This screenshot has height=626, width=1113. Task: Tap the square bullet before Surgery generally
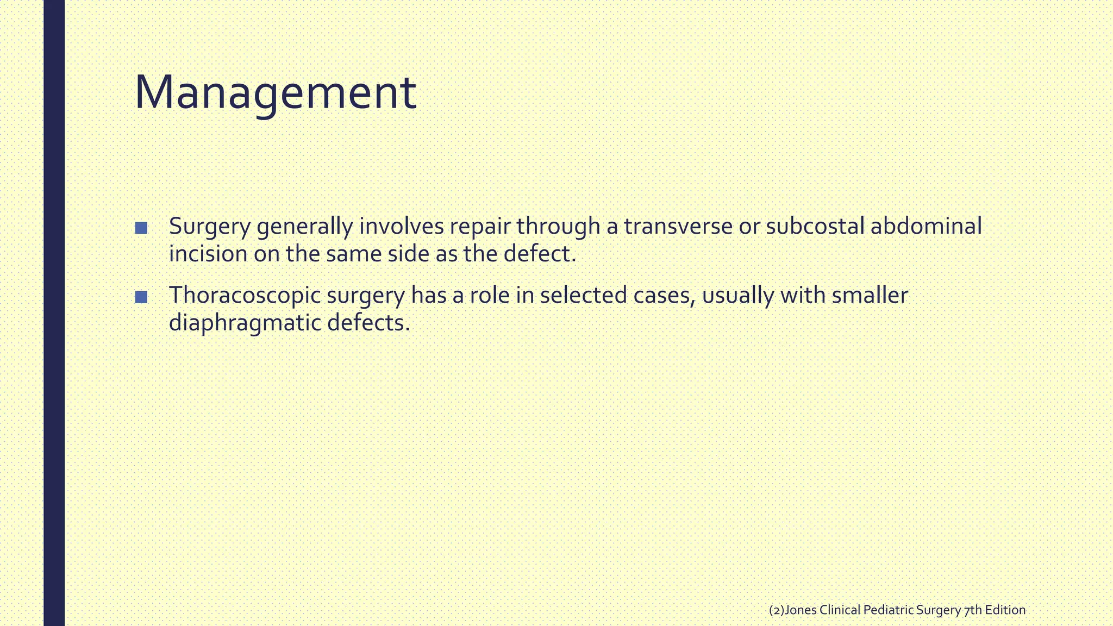(x=141, y=228)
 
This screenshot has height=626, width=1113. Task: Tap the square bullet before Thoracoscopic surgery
(x=141, y=297)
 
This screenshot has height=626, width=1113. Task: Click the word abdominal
(x=926, y=227)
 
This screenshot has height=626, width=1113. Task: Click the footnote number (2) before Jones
(x=777, y=610)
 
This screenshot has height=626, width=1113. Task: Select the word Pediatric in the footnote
(x=888, y=610)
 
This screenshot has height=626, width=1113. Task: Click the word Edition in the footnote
(x=1005, y=610)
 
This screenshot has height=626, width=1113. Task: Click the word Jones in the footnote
(x=801, y=610)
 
